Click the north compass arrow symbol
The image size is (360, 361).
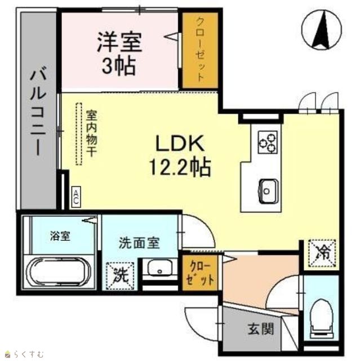pos(322,29)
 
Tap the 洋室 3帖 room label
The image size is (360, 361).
pos(119,54)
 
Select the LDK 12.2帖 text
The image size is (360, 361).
pos(180,156)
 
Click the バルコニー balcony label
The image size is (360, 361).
pos(38,111)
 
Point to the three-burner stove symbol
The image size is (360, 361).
pos(268,142)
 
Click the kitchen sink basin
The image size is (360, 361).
pos(269,191)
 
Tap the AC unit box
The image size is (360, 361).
pos(75,196)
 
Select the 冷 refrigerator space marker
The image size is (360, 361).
pos(322,253)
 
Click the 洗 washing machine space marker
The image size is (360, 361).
pos(120,276)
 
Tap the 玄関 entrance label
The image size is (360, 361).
pos(261,328)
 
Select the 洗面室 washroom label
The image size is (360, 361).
pos(139,243)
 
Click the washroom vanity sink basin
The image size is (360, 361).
pos(159,267)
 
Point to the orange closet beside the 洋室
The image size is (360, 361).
pos(200,50)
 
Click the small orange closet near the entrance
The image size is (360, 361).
pos(200,273)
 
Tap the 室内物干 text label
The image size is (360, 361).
pos(91,134)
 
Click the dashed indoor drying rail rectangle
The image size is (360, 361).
pos(79,134)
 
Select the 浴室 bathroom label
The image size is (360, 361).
pos(60,236)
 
